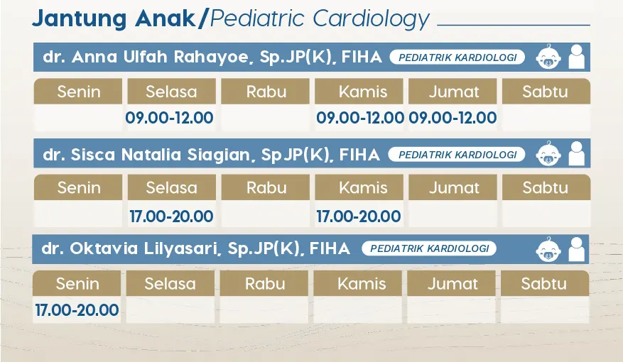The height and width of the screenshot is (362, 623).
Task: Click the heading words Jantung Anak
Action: [x=114, y=18]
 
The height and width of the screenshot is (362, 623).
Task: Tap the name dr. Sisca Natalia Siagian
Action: [x=146, y=155]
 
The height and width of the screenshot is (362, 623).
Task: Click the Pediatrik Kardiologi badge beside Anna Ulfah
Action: [x=457, y=57]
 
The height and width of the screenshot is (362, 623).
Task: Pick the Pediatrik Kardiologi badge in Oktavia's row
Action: [x=429, y=248]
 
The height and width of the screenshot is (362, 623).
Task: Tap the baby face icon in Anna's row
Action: [x=548, y=57]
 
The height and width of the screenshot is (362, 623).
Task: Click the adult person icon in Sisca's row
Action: [x=577, y=153]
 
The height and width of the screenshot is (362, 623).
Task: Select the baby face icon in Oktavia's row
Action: [x=548, y=250]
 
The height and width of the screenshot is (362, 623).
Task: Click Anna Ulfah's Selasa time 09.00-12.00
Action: [x=169, y=118]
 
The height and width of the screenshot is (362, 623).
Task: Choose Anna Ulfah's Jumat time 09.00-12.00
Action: [x=453, y=118]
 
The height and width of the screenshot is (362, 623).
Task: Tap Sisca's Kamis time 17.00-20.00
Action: [x=358, y=216]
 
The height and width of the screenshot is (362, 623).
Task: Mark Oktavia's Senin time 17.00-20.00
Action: [x=77, y=310]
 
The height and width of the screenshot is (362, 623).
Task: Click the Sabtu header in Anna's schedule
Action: [x=546, y=92]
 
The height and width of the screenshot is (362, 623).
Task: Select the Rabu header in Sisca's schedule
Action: [x=266, y=187]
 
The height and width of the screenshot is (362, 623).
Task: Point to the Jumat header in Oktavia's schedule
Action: [x=451, y=283]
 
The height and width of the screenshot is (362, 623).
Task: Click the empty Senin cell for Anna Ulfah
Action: [x=78, y=118]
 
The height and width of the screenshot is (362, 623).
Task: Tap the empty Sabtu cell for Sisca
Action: [x=546, y=214]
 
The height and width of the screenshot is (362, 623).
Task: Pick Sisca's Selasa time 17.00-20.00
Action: [x=172, y=216]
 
